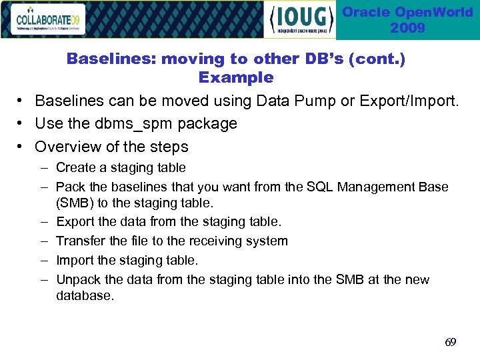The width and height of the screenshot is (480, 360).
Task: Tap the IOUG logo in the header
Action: coord(301,20)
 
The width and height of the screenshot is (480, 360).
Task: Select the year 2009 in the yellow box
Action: coord(407,28)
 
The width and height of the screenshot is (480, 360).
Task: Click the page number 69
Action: coord(451,342)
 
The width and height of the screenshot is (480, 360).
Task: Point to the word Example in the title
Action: coord(236,77)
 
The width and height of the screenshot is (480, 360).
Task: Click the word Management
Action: coord(376,187)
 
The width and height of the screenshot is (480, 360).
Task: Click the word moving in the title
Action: coord(195,59)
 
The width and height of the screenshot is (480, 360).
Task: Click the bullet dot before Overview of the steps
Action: coord(22,147)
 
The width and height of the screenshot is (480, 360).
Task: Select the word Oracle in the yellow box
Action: coord(366,13)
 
